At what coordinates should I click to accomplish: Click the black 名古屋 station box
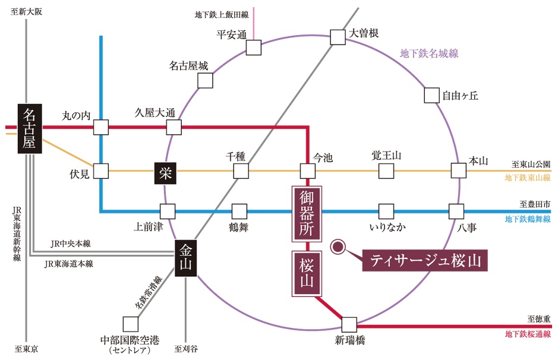(28, 129)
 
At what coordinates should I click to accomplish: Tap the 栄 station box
(165, 172)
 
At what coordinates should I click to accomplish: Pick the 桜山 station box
(307, 273)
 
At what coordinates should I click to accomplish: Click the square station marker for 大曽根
(338, 37)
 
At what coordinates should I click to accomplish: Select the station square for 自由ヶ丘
(432, 94)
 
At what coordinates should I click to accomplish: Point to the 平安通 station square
(254, 48)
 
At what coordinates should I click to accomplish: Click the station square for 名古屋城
(206, 81)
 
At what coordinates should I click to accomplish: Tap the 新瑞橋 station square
(349, 324)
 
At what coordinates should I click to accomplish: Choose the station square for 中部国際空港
(130, 324)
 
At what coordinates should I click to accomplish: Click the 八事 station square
(456, 211)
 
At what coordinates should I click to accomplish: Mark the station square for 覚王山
(386, 171)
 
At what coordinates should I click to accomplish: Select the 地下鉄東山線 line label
(528, 178)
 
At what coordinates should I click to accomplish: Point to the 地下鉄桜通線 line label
(528, 334)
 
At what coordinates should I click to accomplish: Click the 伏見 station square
(101, 171)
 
